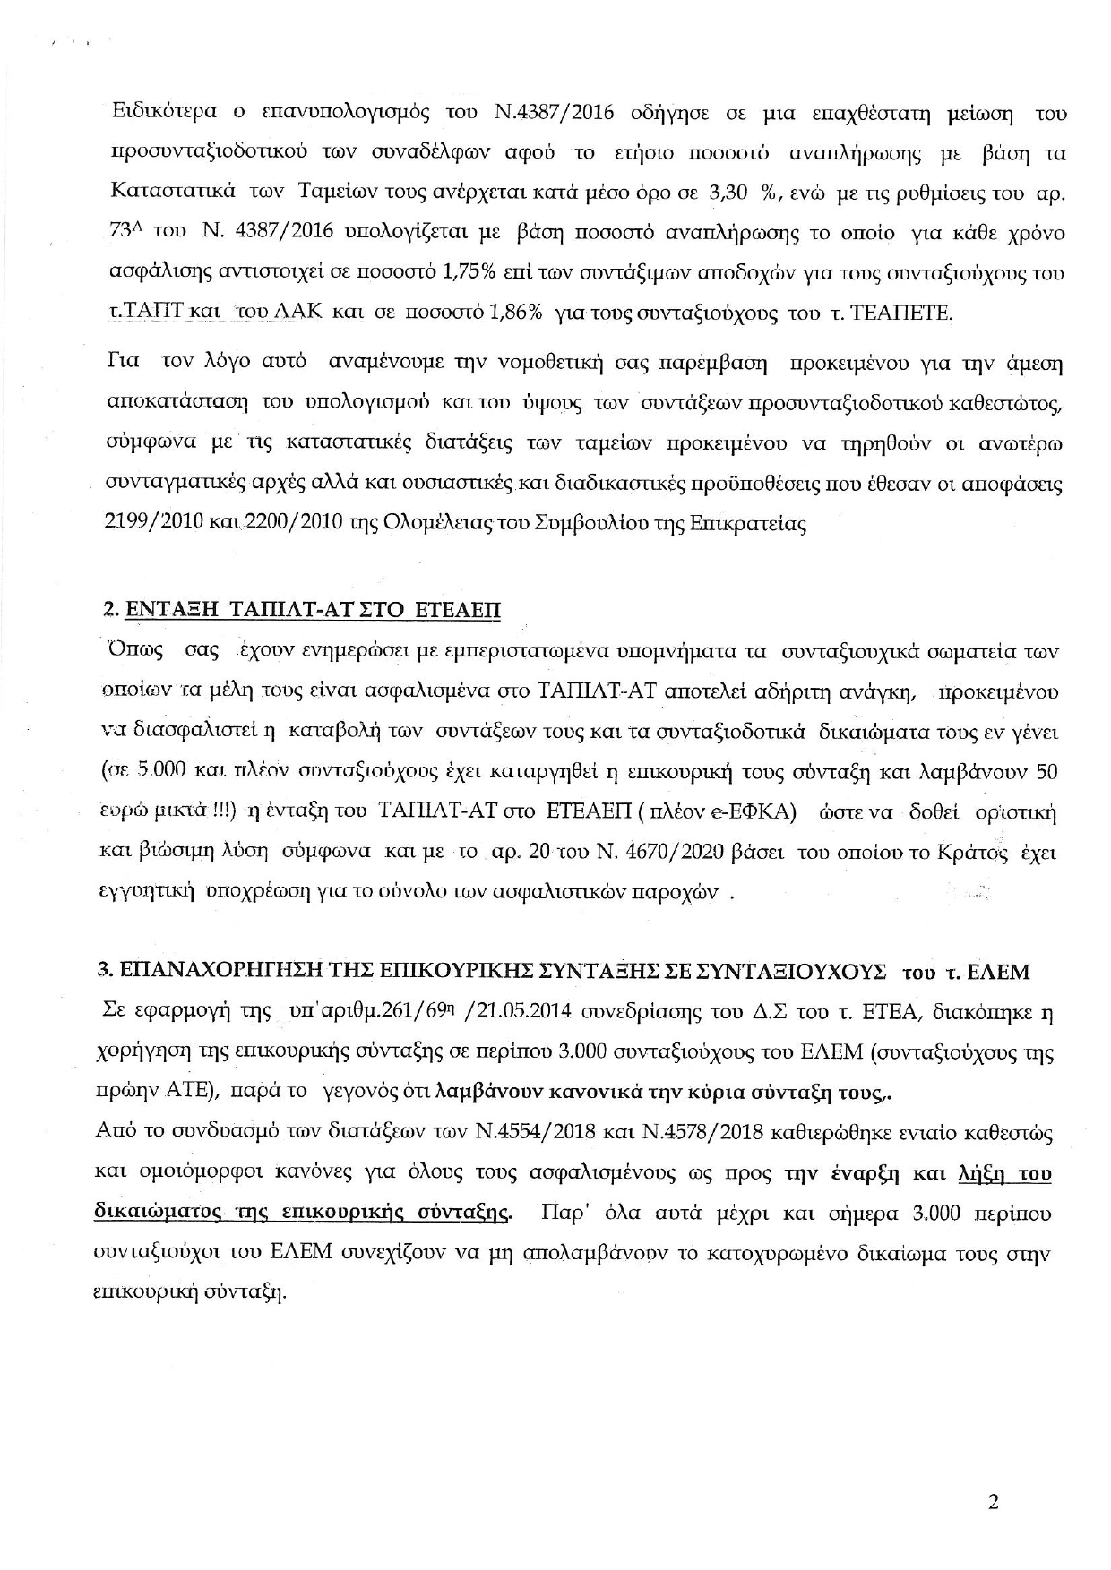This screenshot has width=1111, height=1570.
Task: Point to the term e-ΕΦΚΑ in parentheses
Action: pyautogui.click(x=764, y=812)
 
